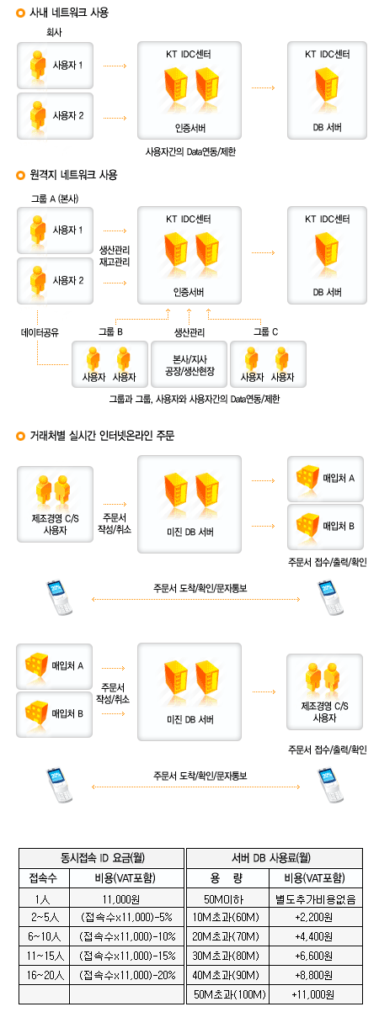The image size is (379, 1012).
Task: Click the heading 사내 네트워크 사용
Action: pos(69,13)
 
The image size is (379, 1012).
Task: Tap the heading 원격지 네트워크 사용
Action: pos(74,175)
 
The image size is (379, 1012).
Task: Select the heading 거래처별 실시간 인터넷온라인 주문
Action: pos(102,436)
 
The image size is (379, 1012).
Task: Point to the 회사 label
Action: pos(54,32)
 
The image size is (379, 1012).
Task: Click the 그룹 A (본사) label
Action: pos(55,199)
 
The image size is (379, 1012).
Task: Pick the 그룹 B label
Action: pos(111,332)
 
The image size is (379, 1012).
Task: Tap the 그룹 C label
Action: pos(265,332)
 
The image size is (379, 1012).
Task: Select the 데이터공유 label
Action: pos(40,333)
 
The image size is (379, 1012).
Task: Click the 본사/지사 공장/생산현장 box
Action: pos(189,364)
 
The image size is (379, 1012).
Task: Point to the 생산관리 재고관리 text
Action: pos(115,256)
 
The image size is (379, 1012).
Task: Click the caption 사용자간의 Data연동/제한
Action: pos(190,151)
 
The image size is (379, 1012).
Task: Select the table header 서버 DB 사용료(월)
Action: pos(271,857)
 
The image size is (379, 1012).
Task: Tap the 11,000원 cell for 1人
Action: pos(120,899)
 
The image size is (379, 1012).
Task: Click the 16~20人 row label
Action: pos(45,975)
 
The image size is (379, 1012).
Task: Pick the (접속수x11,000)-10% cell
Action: pos(127,936)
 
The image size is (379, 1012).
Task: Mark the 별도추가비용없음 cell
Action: pos(316,899)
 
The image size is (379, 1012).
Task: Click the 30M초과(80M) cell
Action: pos(226,956)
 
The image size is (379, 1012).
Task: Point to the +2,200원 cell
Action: pos(314,917)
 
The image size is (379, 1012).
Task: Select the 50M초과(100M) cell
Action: pos(230,994)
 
